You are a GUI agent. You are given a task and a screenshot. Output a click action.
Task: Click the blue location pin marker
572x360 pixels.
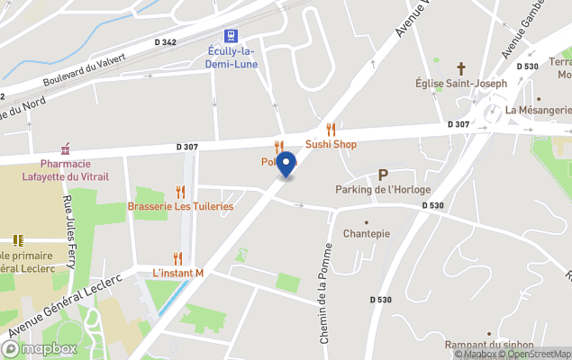coord(286,165)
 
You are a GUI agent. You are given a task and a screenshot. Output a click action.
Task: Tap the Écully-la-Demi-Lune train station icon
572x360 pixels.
coord(232,35)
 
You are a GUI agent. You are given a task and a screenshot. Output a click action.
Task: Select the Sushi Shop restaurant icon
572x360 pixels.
coord(331,130)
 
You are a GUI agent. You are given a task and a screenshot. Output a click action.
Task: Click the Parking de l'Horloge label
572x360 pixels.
coord(383,190)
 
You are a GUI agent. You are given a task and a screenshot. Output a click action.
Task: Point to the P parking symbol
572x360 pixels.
coord(383,175)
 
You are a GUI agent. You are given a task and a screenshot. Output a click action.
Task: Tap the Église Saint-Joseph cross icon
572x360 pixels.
coord(461,68)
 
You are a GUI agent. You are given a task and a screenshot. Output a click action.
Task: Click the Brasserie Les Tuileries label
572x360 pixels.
coord(181,207)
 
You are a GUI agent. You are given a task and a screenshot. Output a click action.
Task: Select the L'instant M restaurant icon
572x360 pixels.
coord(177,258)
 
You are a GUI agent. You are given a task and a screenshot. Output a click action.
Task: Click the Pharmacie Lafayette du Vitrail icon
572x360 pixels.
coord(65,148)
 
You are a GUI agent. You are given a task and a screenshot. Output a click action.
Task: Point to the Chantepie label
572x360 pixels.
coord(366,233)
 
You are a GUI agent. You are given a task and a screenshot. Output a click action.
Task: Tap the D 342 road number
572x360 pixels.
coord(165,42)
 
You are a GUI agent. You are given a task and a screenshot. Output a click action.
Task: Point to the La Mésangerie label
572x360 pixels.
coord(538,111)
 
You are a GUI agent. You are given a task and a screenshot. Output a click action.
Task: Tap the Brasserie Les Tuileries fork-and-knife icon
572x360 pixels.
coord(180,192)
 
